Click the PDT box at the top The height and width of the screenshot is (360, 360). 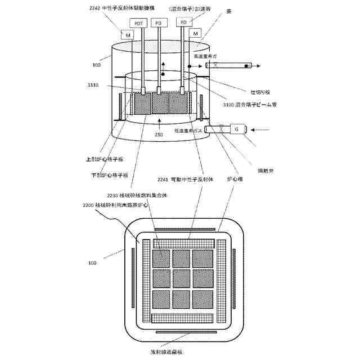138,23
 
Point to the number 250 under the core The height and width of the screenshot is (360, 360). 160,135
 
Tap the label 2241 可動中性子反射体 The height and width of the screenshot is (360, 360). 185,180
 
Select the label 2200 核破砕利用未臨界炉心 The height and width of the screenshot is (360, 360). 116,206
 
